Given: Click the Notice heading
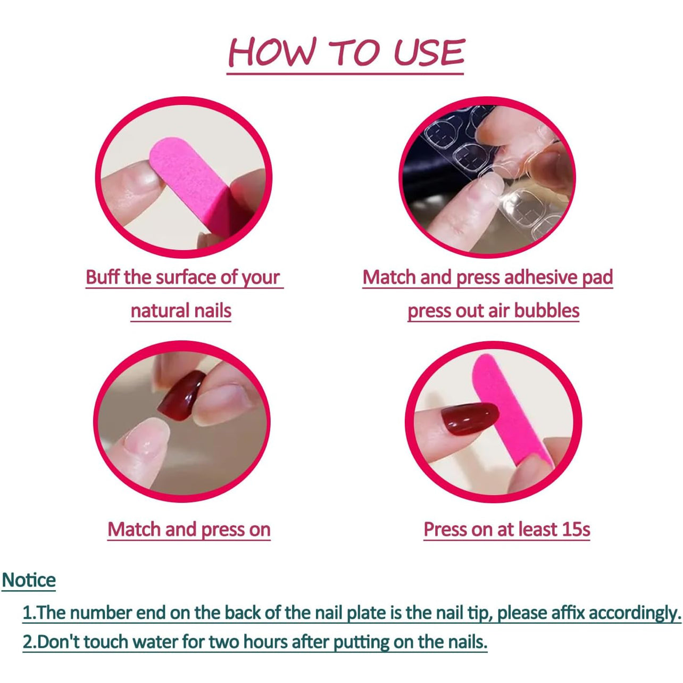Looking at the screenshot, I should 29,580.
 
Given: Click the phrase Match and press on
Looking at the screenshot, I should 189,529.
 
